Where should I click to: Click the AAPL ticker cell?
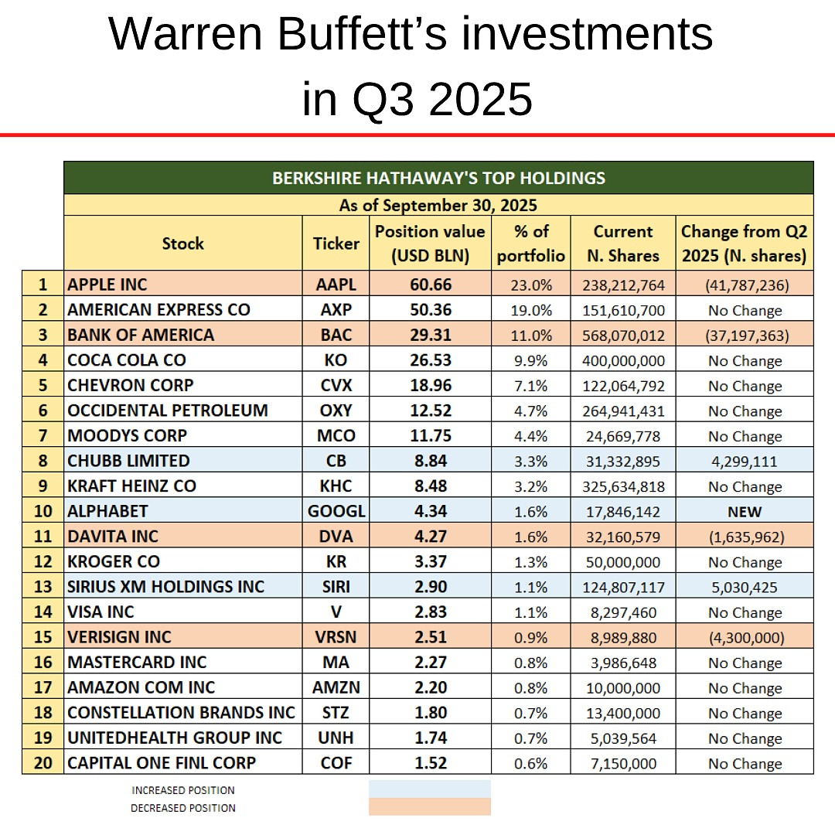point(336,285)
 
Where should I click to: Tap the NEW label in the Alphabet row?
point(744,512)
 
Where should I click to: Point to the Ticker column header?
point(336,243)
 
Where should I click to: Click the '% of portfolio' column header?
point(531,243)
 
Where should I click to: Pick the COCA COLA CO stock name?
point(127,360)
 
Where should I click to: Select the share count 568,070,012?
point(623,336)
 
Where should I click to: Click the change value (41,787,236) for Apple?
point(744,285)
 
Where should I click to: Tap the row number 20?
point(43,763)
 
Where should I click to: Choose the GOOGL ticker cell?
point(336,511)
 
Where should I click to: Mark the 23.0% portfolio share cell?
point(531,285)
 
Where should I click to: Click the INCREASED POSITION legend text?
point(183,790)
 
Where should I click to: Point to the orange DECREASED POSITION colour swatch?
point(430,807)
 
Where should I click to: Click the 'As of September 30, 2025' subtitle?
point(438,205)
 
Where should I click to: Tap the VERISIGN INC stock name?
point(120,637)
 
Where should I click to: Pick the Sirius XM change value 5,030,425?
point(744,588)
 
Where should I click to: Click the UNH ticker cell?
point(336,738)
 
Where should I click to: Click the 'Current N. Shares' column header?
point(623,243)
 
